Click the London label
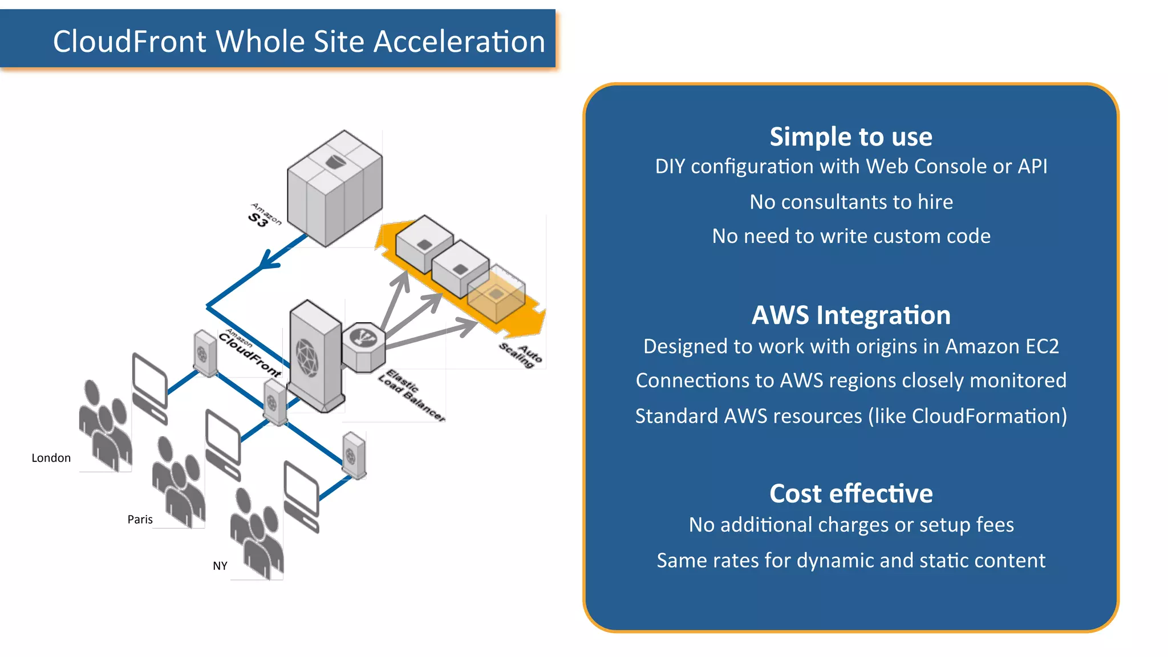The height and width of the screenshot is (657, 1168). click(51, 458)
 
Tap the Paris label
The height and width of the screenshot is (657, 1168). click(140, 520)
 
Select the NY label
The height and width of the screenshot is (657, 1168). click(220, 566)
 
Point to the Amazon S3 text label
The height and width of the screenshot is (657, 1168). click(264, 216)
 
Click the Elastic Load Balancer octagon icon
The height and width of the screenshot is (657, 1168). click(364, 346)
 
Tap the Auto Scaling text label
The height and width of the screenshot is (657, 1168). click(521, 355)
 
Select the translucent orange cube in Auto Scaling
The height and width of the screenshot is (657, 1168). click(496, 293)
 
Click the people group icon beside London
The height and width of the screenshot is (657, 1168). click(105, 425)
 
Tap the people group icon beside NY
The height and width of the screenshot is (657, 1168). click(257, 533)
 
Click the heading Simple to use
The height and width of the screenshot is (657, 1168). click(851, 137)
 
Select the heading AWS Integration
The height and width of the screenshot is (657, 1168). click(851, 315)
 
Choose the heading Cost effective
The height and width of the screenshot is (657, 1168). click(851, 494)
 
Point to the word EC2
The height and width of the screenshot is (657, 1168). click(1041, 347)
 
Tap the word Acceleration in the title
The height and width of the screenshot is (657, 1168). click(459, 42)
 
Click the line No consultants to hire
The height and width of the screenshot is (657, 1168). click(851, 202)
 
